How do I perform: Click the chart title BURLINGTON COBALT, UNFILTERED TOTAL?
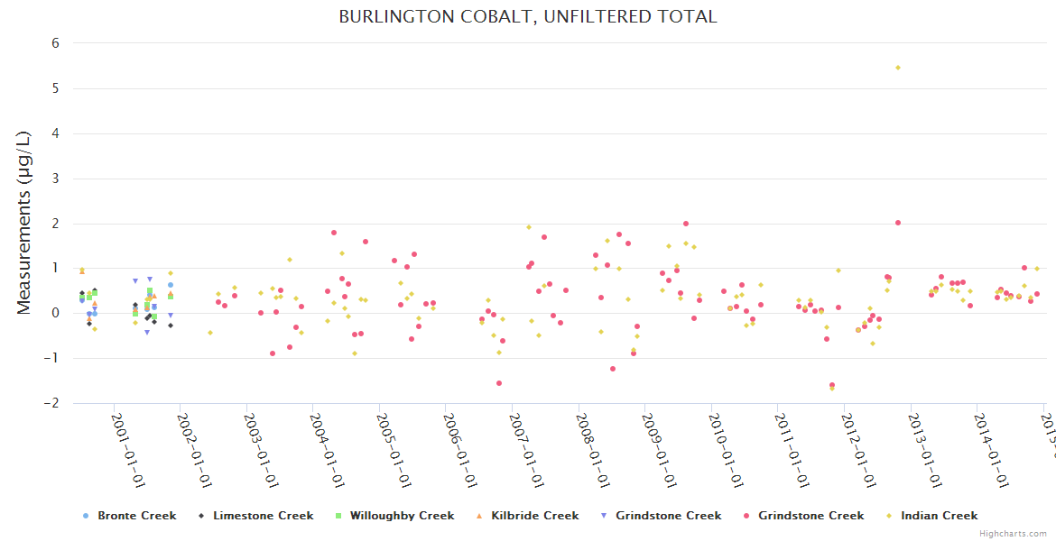click(x=527, y=16)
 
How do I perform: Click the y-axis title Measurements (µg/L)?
click(x=24, y=223)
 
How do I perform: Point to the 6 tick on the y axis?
click(x=55, y=43)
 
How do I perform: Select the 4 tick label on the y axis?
click(x=55, y=133)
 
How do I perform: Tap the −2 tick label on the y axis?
click(x=51, y=403)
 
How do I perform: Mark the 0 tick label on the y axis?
click(x=55, y=313)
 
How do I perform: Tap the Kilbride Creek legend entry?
click(x=534, y=516)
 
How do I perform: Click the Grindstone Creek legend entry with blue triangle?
click(x=668, y=516)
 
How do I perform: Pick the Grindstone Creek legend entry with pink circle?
click(x=811, y=516)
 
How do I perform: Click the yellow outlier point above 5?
click(x=897, y=68)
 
